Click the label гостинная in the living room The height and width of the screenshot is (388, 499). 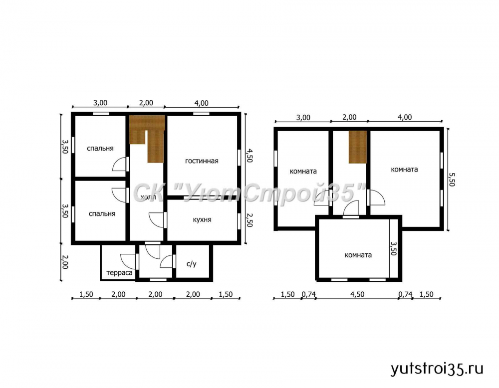[202, 161]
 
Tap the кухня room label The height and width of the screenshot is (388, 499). [202, 220]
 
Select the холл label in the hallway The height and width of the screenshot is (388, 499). [148, 197]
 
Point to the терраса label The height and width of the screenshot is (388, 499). [119, 273]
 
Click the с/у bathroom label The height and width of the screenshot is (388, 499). [192, 264]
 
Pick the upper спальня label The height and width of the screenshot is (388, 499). [100, 149]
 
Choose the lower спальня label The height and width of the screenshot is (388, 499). [102, 214]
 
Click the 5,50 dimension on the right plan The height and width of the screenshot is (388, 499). [452, 180]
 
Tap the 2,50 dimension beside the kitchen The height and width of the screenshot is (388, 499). [249, 220]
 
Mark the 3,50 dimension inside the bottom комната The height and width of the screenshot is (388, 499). [394, 248]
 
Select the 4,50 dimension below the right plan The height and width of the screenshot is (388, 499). [357, 294]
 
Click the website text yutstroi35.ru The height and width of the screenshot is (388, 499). [437, 369]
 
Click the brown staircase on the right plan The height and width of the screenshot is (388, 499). [358, 147]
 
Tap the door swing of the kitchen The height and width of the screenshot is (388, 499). [156, 220]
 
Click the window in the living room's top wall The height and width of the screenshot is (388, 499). [202, 114]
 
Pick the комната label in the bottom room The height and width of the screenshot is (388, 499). [358, 255]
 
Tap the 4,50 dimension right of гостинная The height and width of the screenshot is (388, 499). [249, 156]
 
